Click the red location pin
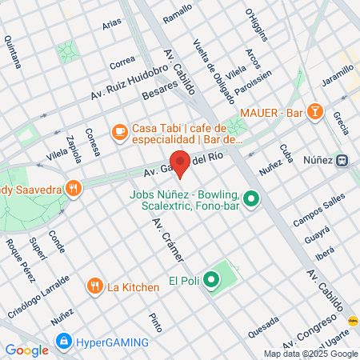(180, 164)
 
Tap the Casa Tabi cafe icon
(119, 130)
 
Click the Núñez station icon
(342, 160)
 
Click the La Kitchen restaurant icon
(94, 286)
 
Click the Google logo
(26, 350)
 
